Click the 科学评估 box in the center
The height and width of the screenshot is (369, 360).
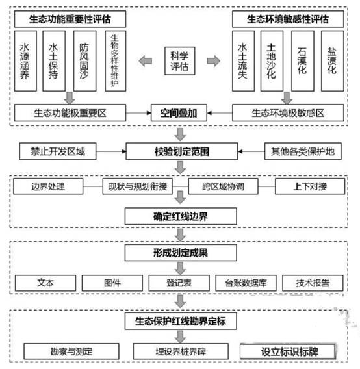[180, 60]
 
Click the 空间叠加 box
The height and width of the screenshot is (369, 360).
[180, 114]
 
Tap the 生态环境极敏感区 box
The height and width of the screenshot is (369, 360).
[287, 114]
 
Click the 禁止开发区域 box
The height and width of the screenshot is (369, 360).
[58, 153]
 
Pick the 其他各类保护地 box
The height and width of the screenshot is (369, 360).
[303, 153]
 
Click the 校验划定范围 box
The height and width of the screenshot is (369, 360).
[180, 153]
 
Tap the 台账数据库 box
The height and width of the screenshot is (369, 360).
[242, 283]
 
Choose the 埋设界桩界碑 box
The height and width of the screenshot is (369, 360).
[180, 351]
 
